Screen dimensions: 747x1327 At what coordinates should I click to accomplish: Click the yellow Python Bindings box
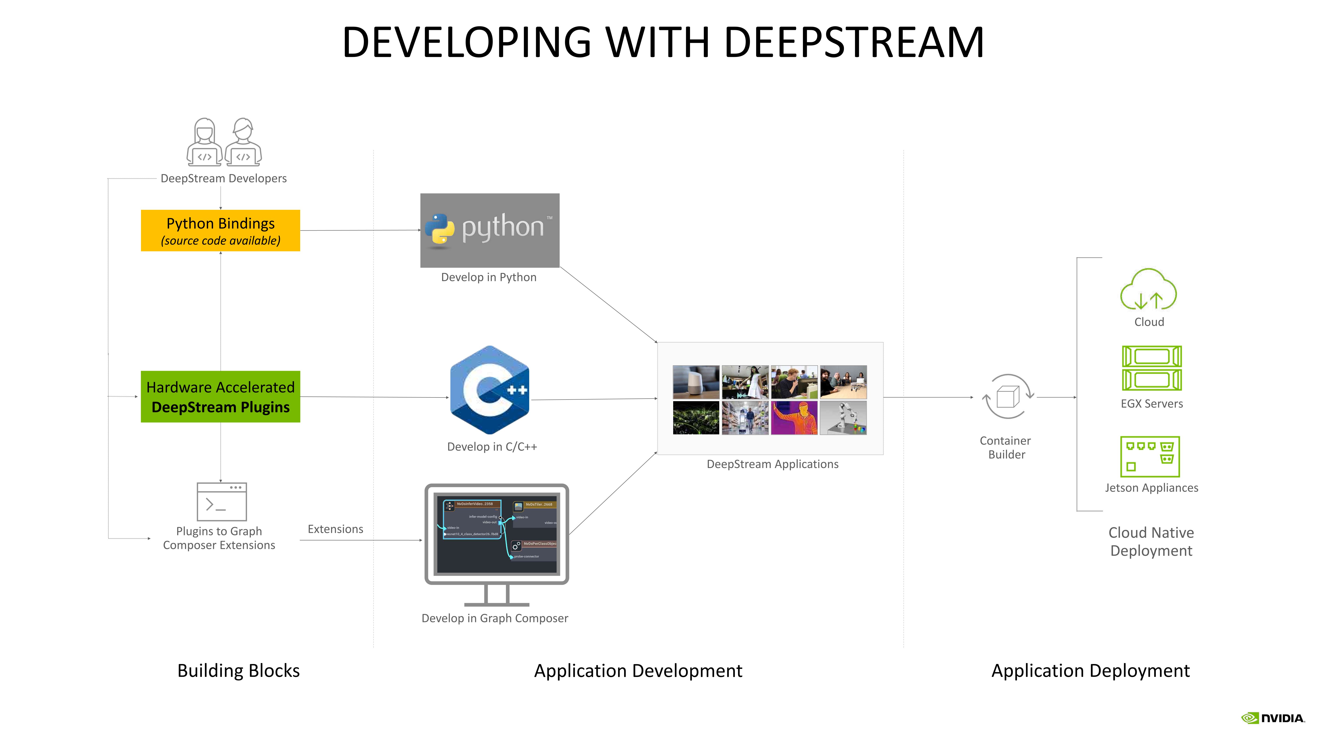click(220, 231)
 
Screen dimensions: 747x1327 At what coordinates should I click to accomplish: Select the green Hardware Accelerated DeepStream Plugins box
click(220, 397)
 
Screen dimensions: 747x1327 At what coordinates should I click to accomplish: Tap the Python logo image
click(489, 230)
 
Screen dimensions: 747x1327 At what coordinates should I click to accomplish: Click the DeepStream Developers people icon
click(224, 142)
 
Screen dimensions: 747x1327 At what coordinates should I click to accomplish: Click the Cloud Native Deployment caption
click(1151, 541)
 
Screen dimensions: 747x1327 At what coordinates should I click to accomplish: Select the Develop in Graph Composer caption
click(495, 618)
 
